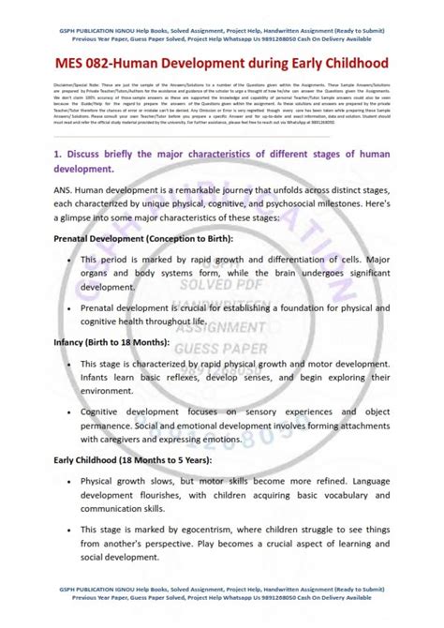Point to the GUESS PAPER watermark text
click(x=222, y=346)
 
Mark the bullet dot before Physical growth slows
click(x=70, y=481)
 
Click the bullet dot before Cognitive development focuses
click(x=70, y=411)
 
